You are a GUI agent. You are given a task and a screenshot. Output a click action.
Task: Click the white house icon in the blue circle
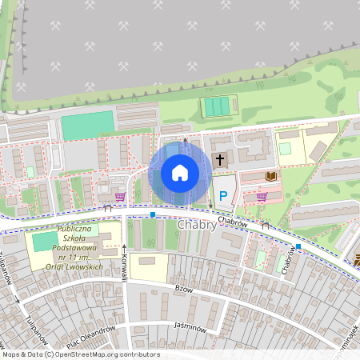pyautogui.click(x=180, y=173)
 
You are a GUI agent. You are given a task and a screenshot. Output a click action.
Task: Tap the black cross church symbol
pyautogui.click(x=220, y=160)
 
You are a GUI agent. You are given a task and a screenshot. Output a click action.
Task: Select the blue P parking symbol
pyautogui.click(x=223, y=195)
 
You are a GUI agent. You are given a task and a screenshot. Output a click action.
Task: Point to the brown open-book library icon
pyautogui.click(x=271, y=175)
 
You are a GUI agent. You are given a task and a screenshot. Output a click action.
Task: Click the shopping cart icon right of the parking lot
pyautogui.click(x=262, y=196)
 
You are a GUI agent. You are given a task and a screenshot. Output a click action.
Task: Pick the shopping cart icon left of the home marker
pyautogui.click(x=120, y=196)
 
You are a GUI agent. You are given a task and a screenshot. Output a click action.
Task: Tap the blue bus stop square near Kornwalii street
pyautogui.click(x=153, y=214)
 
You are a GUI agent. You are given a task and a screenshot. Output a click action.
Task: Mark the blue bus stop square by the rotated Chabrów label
pyautogui.click(x=298, y=246)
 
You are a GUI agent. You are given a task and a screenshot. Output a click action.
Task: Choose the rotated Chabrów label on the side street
pyautogui.click(x=290, y=261)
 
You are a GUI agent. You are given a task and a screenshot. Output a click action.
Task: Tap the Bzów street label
pyautogui.click(x=184, y=290)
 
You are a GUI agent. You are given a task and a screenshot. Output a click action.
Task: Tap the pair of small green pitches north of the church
pyautogui.click(x=217, y=106)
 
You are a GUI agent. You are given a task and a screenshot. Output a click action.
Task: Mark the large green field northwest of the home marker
pyautogui.click(x=88, y=125)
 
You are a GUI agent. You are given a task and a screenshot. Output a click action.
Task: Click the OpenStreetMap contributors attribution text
pyautogui.click(x=80, y=354)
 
